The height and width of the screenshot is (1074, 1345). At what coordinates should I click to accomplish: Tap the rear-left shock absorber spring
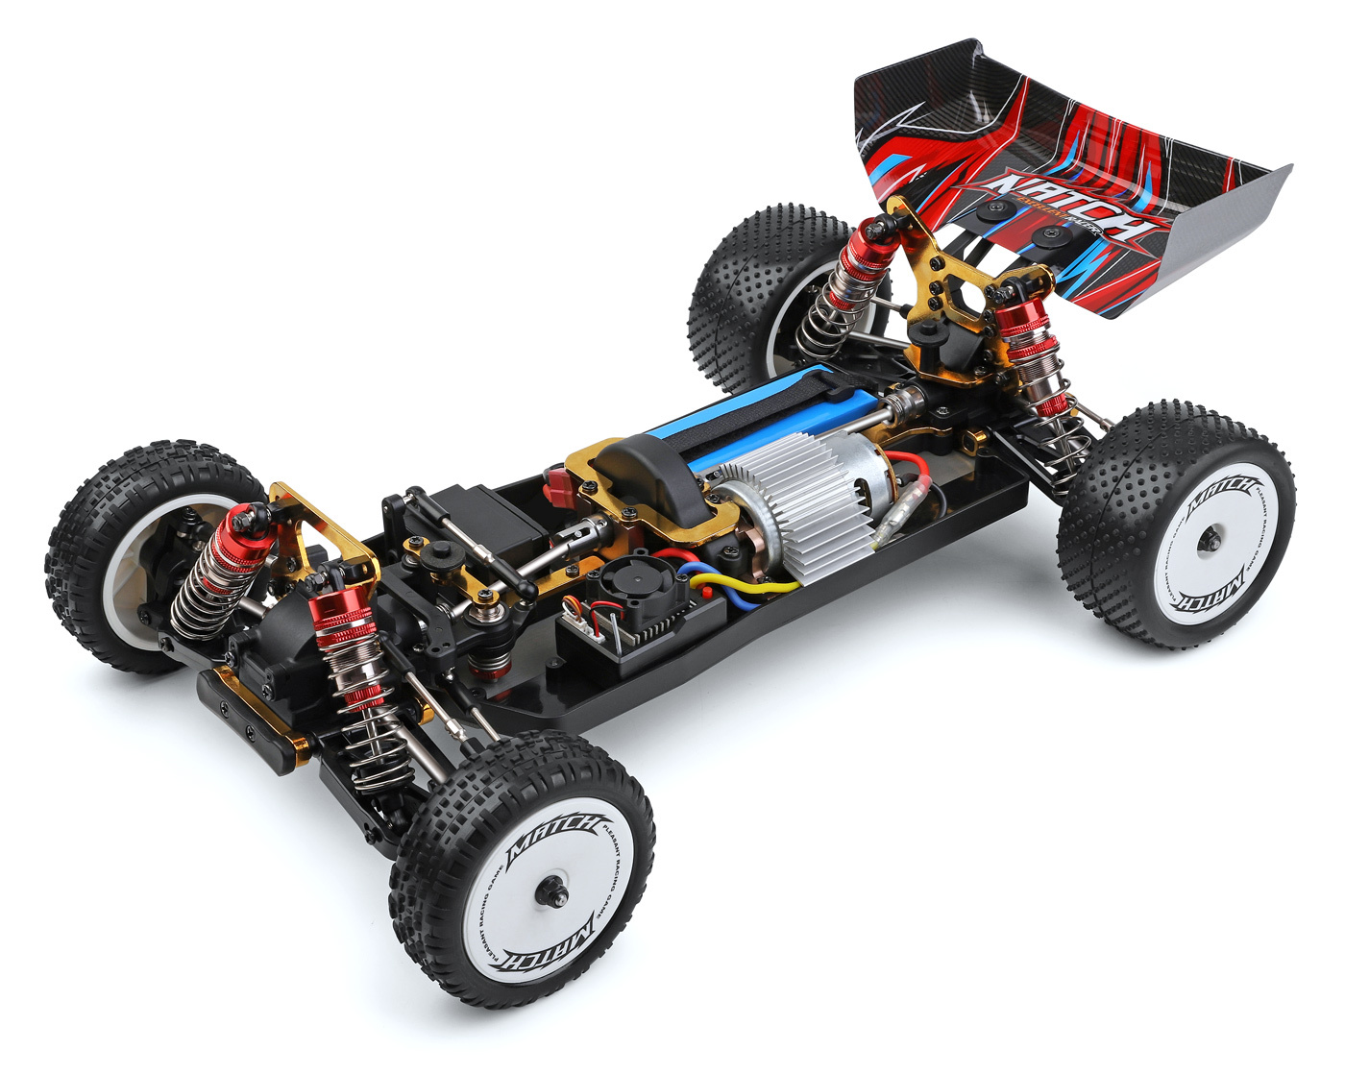pyautogui.click(x=826, y=307)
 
